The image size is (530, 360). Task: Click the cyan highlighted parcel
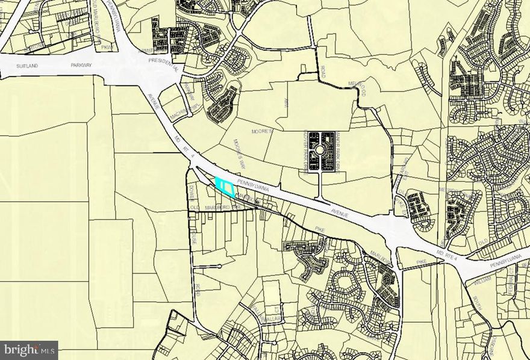coord(225,187)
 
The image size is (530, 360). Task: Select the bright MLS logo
coord(29,349)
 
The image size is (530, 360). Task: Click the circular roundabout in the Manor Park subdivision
coord(321,149)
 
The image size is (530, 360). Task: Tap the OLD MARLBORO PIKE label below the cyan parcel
coord(217,208)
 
